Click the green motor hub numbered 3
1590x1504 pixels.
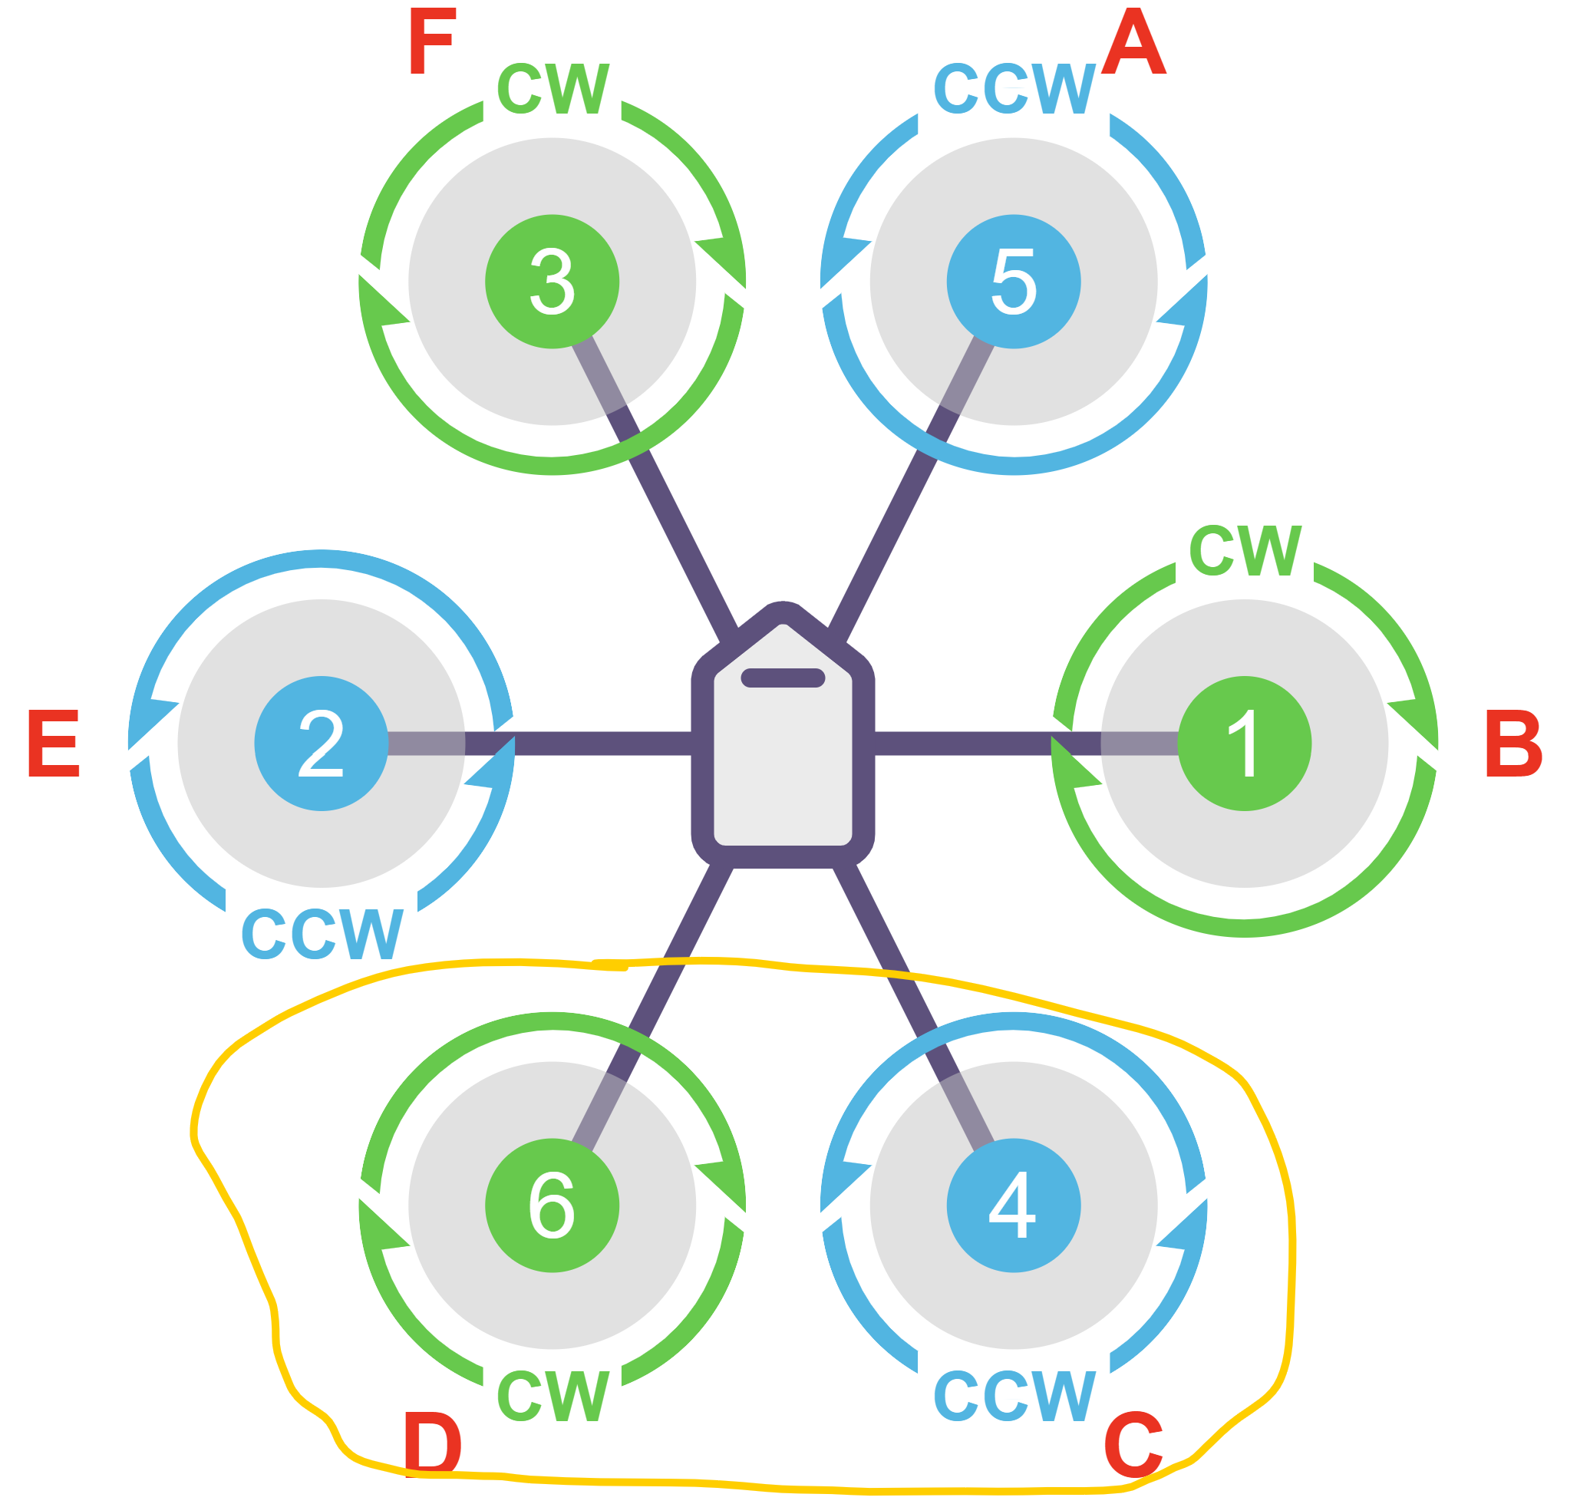[552, 282]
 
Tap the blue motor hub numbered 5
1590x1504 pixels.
[1013, 282]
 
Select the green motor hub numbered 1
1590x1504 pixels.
[1244, 744]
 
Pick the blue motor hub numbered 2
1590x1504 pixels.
[321, 744]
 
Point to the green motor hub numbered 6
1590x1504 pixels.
[552, 1205]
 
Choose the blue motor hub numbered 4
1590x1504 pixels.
[1013, 1205]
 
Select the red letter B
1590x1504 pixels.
[1513, 744]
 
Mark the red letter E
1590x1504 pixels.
[54, 744]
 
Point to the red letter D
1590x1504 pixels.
[433, 1444]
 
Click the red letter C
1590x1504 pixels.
[1133, 1444]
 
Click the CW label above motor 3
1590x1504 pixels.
[553, 88]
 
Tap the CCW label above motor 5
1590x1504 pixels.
[1014, 88]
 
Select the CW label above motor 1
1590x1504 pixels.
[1245, 550]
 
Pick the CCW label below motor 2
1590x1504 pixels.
[322, 934]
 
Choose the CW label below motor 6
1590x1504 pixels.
[553, 1396]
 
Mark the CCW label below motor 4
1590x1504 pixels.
[1014, 1396]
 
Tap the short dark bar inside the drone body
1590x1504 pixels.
[783, 678]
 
